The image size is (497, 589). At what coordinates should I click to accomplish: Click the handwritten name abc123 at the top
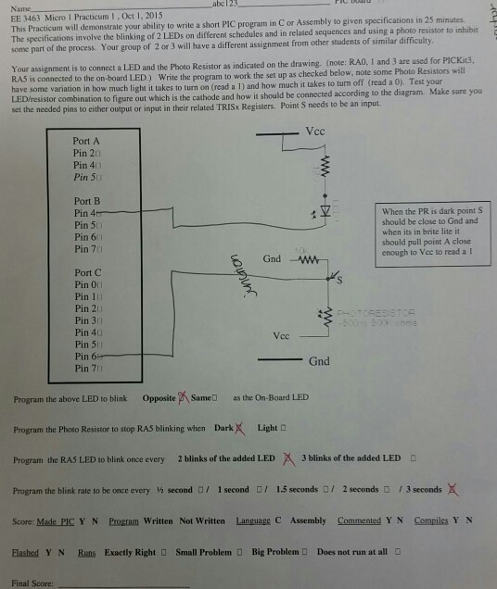pos(226,5)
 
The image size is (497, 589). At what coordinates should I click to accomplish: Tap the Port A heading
pos(86,140)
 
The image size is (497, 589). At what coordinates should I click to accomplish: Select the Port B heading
pos(86,201)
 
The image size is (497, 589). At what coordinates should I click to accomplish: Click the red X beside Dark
pos(240,428)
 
